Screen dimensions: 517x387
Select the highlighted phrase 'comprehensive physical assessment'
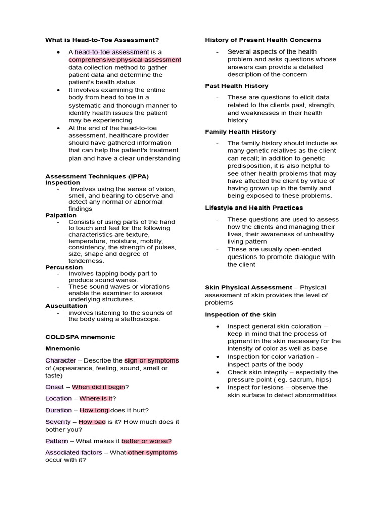(x=124, y=60)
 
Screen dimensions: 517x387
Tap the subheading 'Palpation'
(x=61, y=215)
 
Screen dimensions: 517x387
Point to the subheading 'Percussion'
(x=64, y=267)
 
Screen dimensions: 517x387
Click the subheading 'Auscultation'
(x=67, y=306)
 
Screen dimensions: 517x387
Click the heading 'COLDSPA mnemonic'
(x=80, y=337)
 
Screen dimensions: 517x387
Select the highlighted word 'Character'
(x=60, y=360)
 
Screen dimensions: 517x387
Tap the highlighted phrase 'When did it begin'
(x=98, y=387)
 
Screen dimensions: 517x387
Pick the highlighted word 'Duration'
(x=58, y=410)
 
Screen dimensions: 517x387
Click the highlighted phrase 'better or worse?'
(x=147, y=441)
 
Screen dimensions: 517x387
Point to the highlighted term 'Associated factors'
(x=74, y=453)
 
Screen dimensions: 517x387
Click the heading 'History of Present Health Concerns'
(x=263, y=40)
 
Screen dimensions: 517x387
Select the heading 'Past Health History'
(x=236, y=86)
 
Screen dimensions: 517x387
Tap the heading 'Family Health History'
(x=240, y=132)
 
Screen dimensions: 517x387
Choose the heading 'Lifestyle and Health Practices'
(x=253, y=208)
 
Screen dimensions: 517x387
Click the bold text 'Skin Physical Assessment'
(x=248, y=287)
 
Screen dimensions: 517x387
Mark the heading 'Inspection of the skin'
(x=241, y=314)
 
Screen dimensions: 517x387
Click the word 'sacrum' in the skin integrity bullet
(x=298, y=380)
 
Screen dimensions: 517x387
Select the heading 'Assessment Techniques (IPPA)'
(x=97, y=176)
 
